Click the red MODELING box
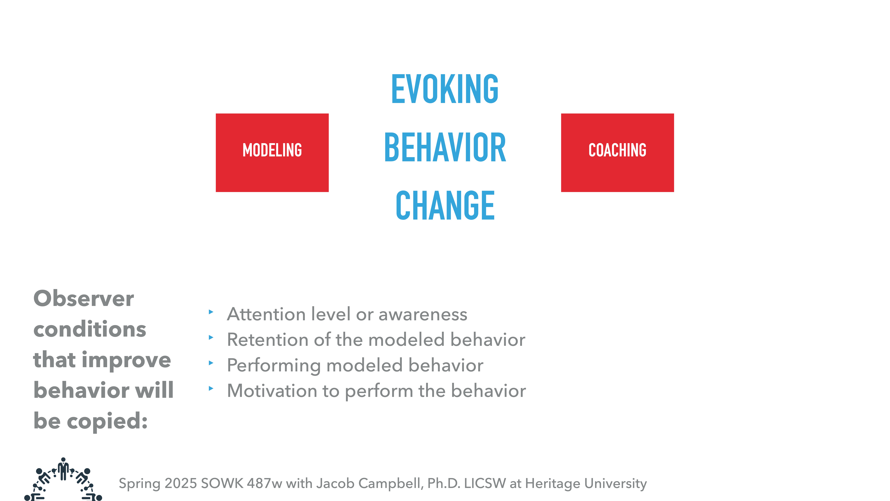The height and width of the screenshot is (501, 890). click(x=272, y=153)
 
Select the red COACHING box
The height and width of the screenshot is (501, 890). click(x=617, y=153)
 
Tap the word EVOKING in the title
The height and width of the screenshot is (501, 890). click(x=445, y=89)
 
